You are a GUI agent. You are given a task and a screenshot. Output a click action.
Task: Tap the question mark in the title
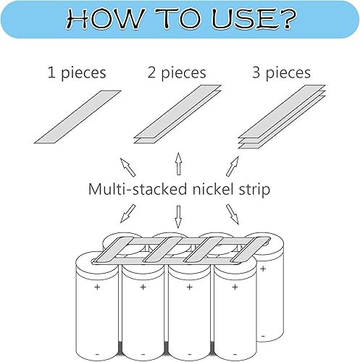pyautogui.click(x=288, y=20)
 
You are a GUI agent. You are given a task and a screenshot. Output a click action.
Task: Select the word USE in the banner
pyautogui.click(x=244, y=19)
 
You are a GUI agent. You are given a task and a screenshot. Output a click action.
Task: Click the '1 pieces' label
pyautogui.click(x=77, y=73)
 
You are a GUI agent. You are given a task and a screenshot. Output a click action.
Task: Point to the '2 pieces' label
pyautogui.click(x=177, y=73)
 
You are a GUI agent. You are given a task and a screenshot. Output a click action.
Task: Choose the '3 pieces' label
pyautogui.click(x=282, y=73)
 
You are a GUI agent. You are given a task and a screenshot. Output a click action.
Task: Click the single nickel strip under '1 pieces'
pyautogui.click(x=78, y=117)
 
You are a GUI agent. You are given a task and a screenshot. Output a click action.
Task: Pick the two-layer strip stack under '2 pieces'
pyautogui.click(x=177, y=114)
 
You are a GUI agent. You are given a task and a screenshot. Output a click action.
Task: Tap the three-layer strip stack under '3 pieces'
pyautogui.click(x=282, y=117)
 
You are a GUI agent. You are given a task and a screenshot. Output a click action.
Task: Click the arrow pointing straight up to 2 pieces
pyautogui.click(x=178, y=164)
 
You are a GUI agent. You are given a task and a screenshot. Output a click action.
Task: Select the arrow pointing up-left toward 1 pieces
pyautogui.click(x=127, y=167)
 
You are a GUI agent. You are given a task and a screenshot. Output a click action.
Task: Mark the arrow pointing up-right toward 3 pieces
pyautogui.click(x=233, y=166)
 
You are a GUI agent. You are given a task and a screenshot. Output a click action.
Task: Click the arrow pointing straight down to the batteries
pyautogui.click(x=178, y=216)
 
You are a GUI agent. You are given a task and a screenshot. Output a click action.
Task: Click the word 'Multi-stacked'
pyautogui.click(x=138, y=189)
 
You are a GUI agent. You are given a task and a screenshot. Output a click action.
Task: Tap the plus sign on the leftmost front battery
pyautogui.click(x=97, y=287)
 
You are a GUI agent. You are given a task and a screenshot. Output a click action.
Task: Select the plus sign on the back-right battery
pyautogui.click(x=263, y=269)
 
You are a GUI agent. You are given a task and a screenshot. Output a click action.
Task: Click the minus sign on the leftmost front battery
pyautogui.click(x=97, y=354)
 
